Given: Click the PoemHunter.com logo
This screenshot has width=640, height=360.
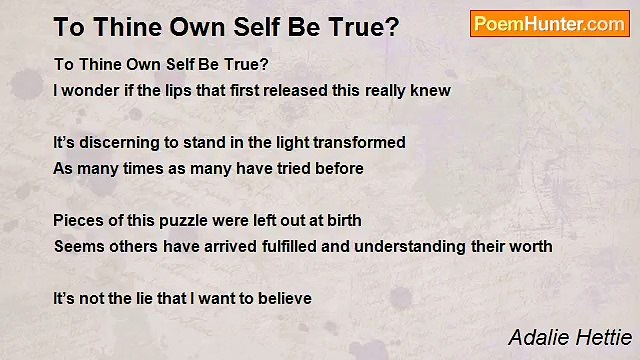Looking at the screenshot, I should pyautogui.click(x=549, y=24).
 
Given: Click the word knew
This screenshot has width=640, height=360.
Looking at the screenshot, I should pyautogui.click(x=433, y=90).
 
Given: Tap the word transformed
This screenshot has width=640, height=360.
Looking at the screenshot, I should pyautogui.click(x=361, y=142).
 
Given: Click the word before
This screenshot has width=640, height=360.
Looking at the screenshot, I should pyautogui.click(x=340, y=168).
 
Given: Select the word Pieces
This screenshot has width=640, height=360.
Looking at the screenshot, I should pyautogui.click(x=77, y=220).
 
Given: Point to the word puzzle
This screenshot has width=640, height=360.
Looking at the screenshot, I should pyautogui.click(x=176, y=220).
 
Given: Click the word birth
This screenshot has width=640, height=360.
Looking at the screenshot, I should pyautogui.click(x=342, y=220).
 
